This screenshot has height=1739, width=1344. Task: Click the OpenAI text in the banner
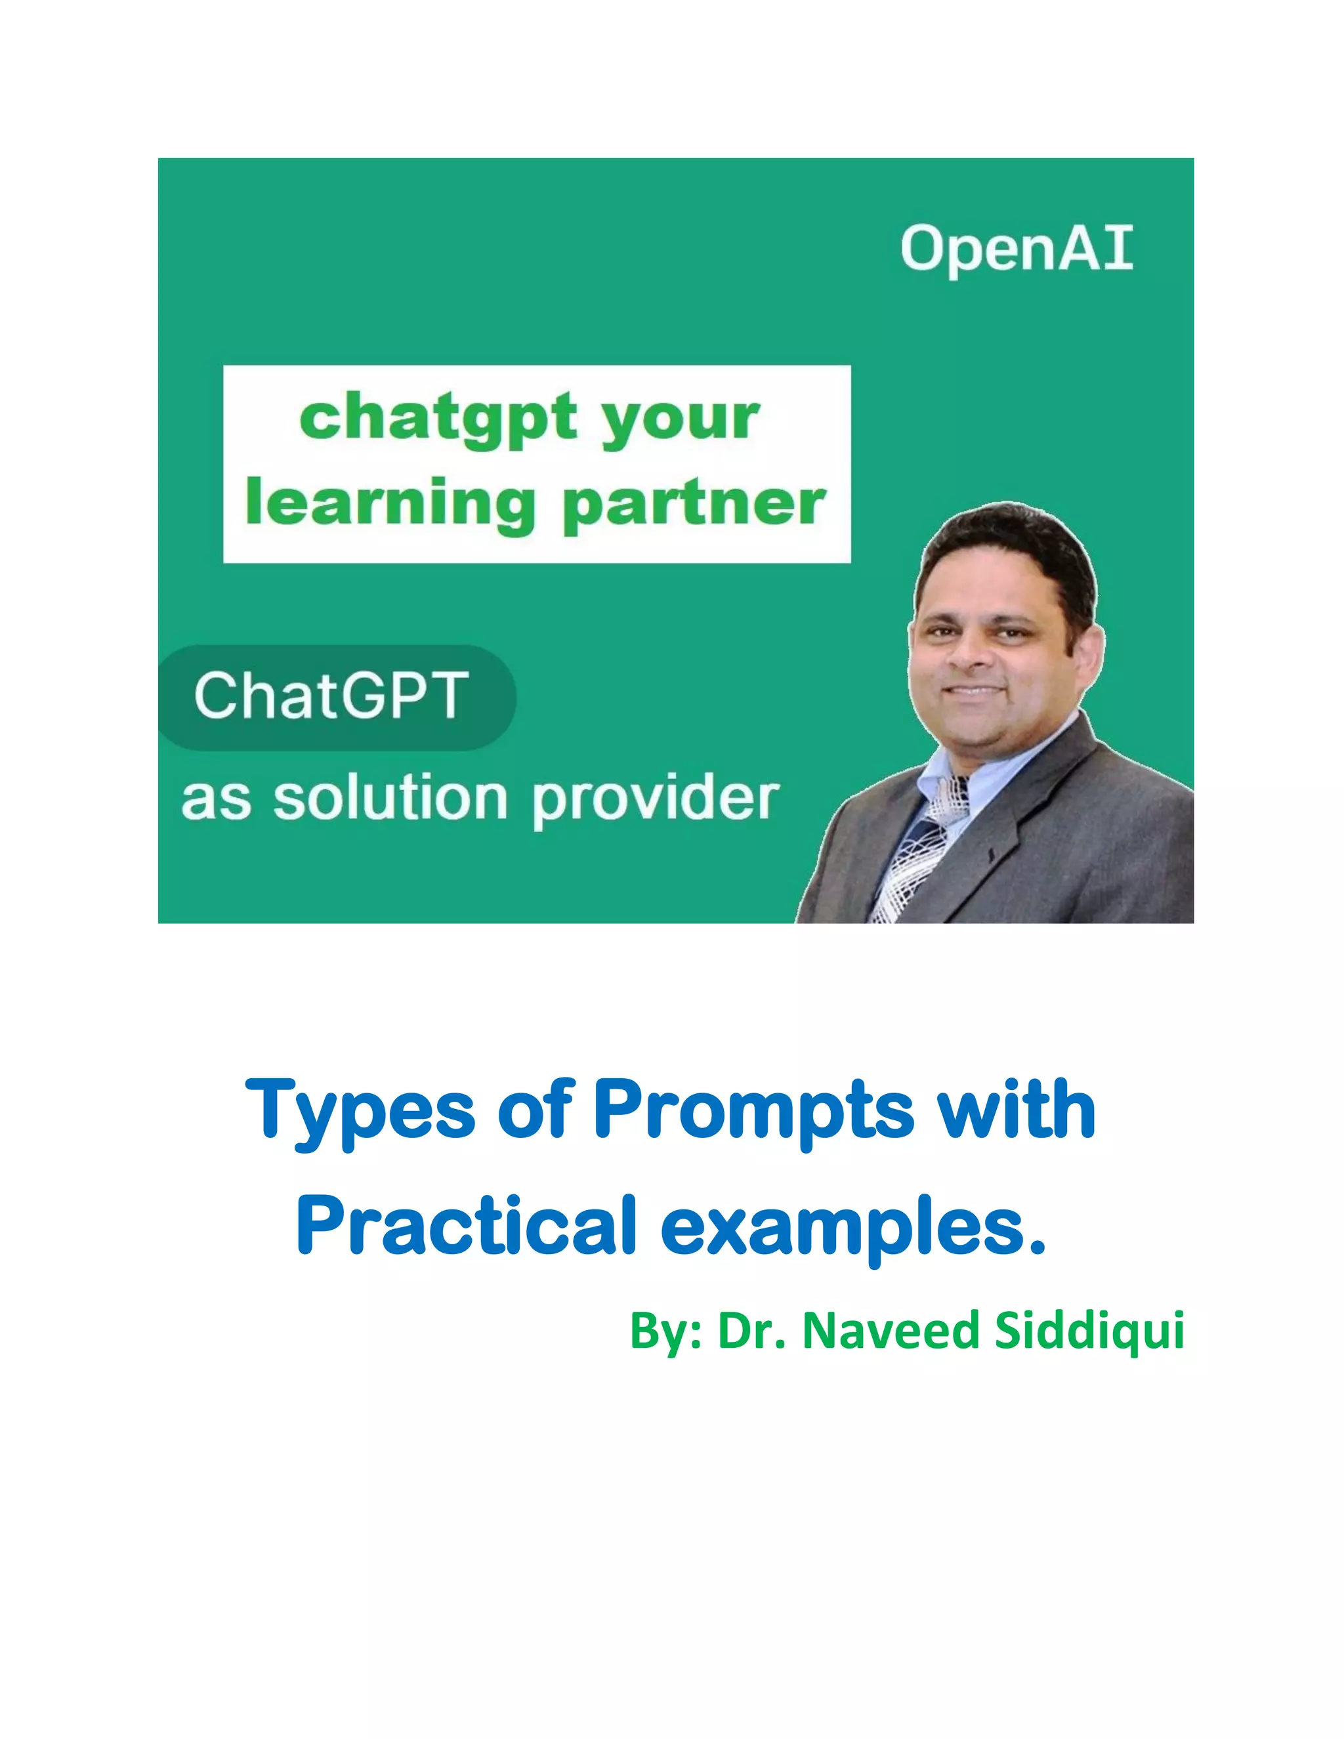coord(1016,249)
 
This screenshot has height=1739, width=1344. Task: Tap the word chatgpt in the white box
coord(438,417)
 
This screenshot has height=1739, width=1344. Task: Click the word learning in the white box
coord(390,503)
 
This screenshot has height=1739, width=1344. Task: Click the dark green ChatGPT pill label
coord(335,697)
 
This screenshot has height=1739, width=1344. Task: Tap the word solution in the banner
coord(390,798)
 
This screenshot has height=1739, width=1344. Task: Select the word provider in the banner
coord(654,799)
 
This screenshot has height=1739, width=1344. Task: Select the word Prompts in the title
coord(753,1110)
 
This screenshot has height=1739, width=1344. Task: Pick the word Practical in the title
coord(467,1226)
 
